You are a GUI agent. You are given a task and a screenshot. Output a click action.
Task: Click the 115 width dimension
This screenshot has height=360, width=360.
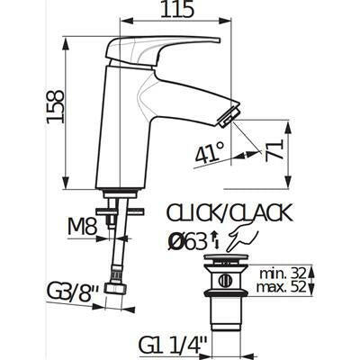coord(176,10)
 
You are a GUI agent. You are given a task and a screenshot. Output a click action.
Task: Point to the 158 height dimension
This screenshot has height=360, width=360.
coord(56,106)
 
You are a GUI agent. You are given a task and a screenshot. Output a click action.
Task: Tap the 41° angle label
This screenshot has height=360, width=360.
coord(210,153)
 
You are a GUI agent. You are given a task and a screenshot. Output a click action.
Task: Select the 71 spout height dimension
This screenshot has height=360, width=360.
coord(274,150)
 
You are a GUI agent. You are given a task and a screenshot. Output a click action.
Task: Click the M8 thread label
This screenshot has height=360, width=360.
coord(82,227)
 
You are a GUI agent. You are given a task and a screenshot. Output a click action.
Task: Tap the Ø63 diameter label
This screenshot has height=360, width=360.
coord(187,242)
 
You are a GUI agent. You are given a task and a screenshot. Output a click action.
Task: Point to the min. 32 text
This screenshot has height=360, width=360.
coord(283,274)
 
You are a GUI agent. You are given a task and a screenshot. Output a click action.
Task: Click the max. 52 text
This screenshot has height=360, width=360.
coord(282,287)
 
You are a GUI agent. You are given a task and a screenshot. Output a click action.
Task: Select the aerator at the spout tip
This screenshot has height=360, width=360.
coord(230,118)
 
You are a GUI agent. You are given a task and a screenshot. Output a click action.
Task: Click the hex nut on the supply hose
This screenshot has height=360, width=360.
coord(115,289)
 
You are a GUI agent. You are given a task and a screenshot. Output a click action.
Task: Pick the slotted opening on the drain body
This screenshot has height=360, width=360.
coord(225,282)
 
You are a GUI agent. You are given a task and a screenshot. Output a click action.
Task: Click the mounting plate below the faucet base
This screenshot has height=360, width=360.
coord(120,211)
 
